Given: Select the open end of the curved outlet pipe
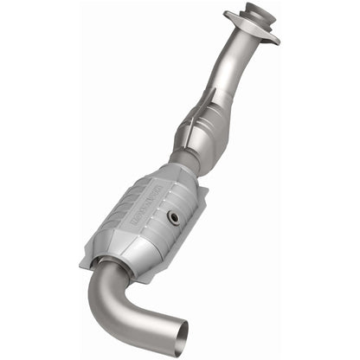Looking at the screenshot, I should pos(174,334).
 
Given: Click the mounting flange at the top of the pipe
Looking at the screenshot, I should pos(251,27).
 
